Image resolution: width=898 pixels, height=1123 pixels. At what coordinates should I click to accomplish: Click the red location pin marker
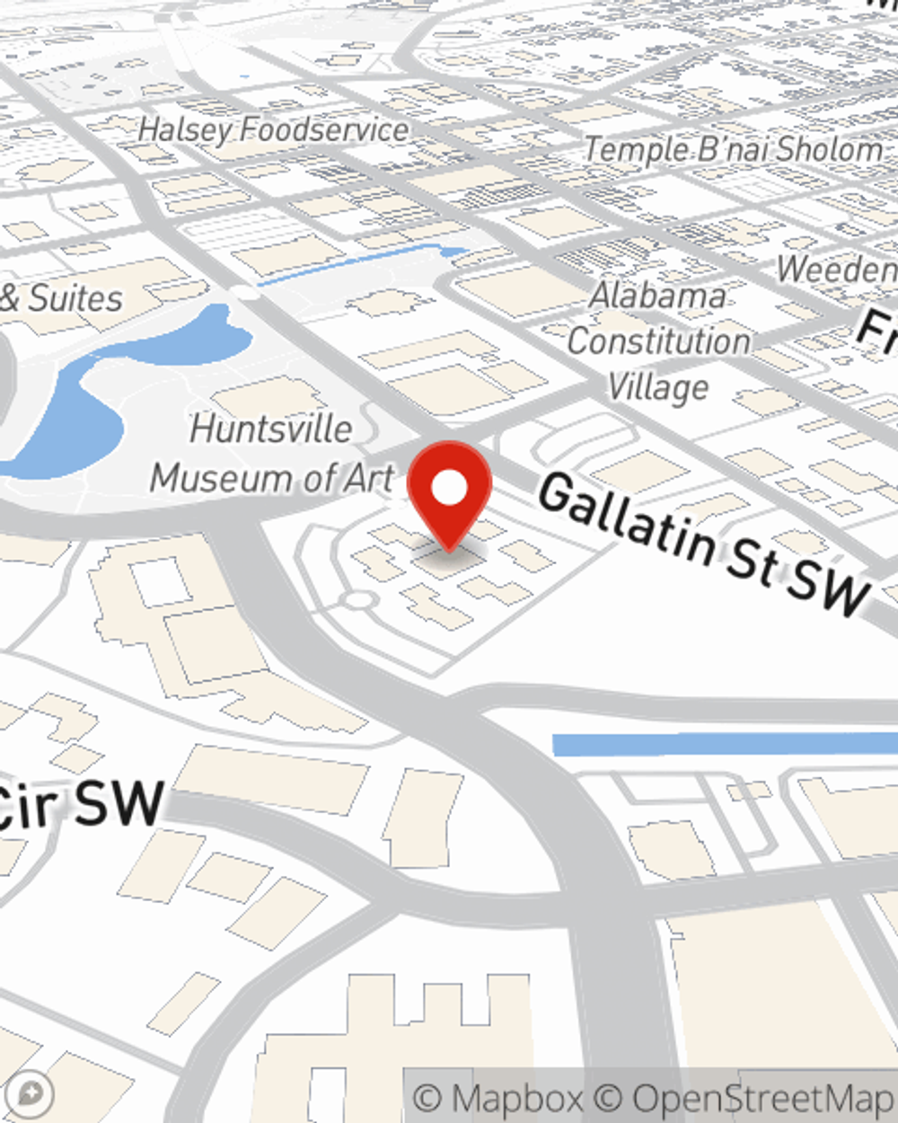pos(449,492)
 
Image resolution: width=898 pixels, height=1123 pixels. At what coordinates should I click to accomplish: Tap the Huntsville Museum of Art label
pos(271,454)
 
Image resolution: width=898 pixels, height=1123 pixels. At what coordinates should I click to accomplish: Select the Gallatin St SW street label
pos(705,544)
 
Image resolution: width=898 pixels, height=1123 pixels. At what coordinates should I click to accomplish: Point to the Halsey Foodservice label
pos(274,130)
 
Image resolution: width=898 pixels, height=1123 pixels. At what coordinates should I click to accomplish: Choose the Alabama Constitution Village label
pos(658,341)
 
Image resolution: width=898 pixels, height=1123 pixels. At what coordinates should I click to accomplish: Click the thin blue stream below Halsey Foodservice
pos(359,261)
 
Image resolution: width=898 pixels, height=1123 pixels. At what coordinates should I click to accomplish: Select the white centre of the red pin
pos(449,489)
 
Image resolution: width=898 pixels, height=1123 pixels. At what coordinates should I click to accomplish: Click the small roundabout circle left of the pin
pos(358,599)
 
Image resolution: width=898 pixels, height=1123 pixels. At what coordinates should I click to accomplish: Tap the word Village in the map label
pos(658,388)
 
